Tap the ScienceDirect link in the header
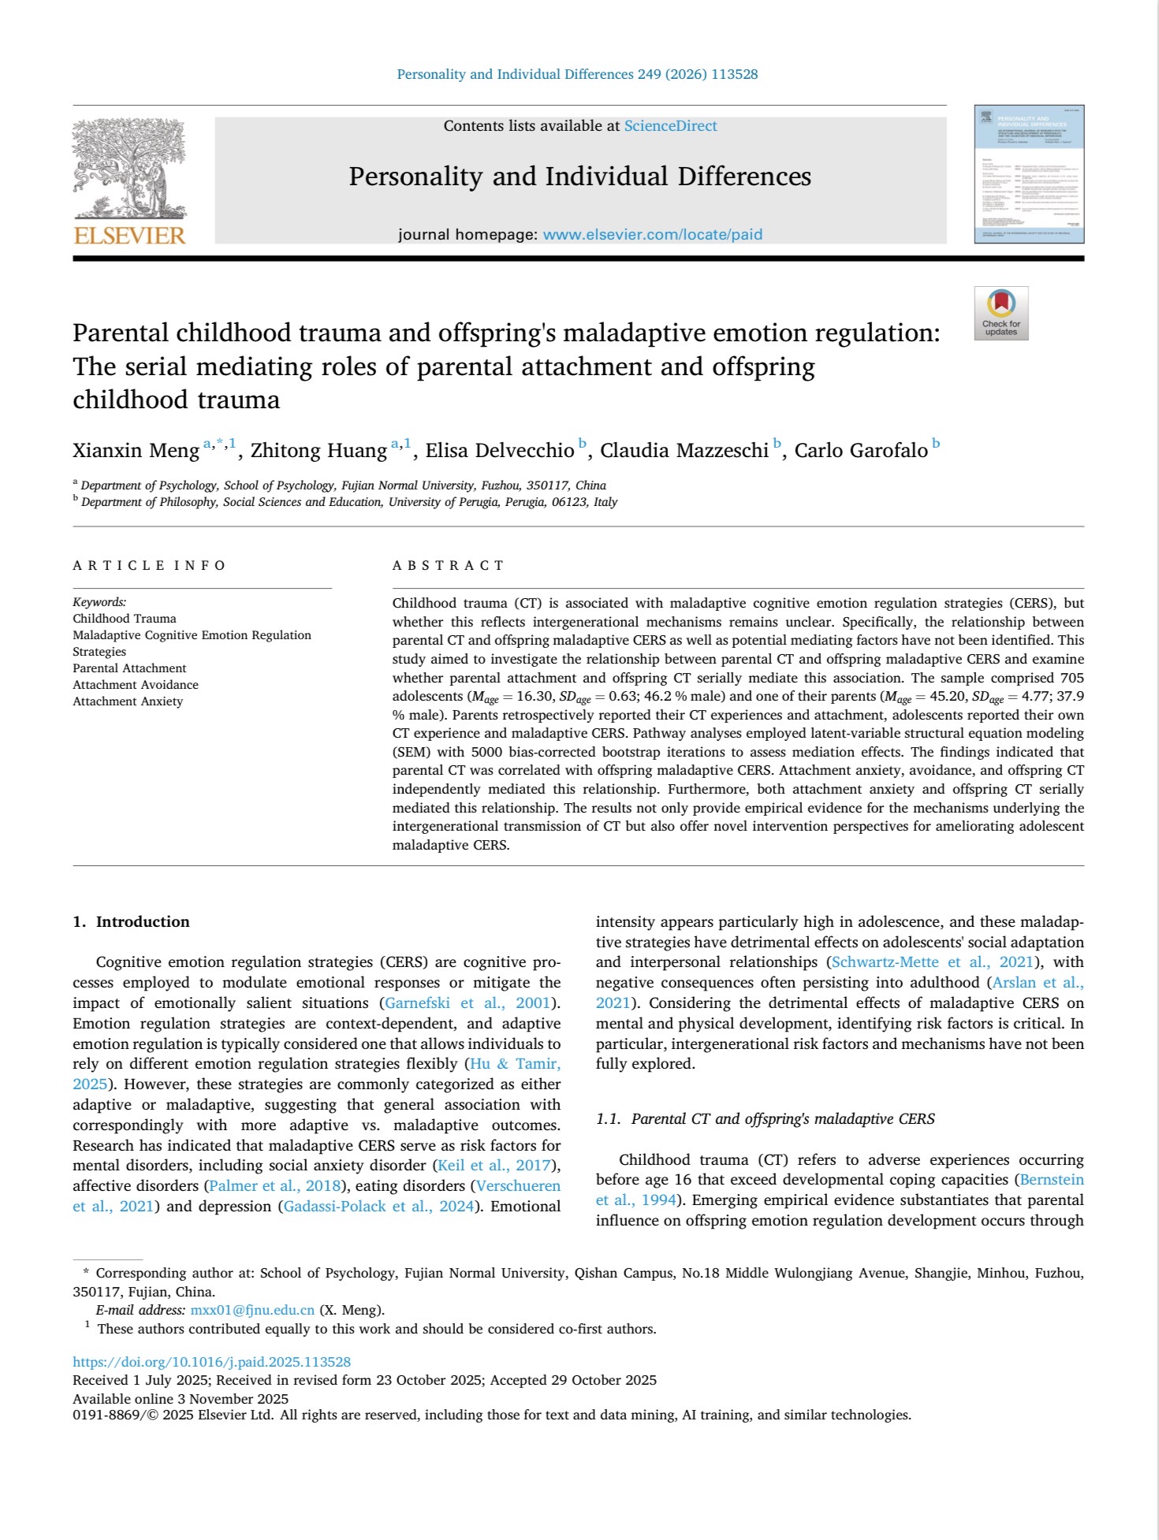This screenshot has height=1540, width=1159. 670,126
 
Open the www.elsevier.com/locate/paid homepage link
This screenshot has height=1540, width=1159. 652,234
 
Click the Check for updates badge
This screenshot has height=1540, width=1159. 1001,313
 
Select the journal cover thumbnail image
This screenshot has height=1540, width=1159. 1029,174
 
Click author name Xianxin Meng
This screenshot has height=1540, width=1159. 136,451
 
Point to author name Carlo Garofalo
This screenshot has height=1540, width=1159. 861,451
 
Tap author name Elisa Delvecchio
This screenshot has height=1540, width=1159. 500,451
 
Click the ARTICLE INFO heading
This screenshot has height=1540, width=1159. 149,565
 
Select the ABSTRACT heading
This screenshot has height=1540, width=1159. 448,565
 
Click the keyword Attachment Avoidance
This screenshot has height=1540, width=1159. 136,685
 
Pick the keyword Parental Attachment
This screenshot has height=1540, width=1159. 129,668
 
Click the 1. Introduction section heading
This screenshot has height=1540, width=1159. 131,922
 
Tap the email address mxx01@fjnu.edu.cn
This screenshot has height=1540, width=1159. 252,1310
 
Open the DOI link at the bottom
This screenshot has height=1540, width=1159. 211,1362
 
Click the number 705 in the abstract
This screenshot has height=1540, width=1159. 1070,678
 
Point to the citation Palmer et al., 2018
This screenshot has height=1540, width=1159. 274,1186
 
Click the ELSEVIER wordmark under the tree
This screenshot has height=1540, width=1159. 130,236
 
